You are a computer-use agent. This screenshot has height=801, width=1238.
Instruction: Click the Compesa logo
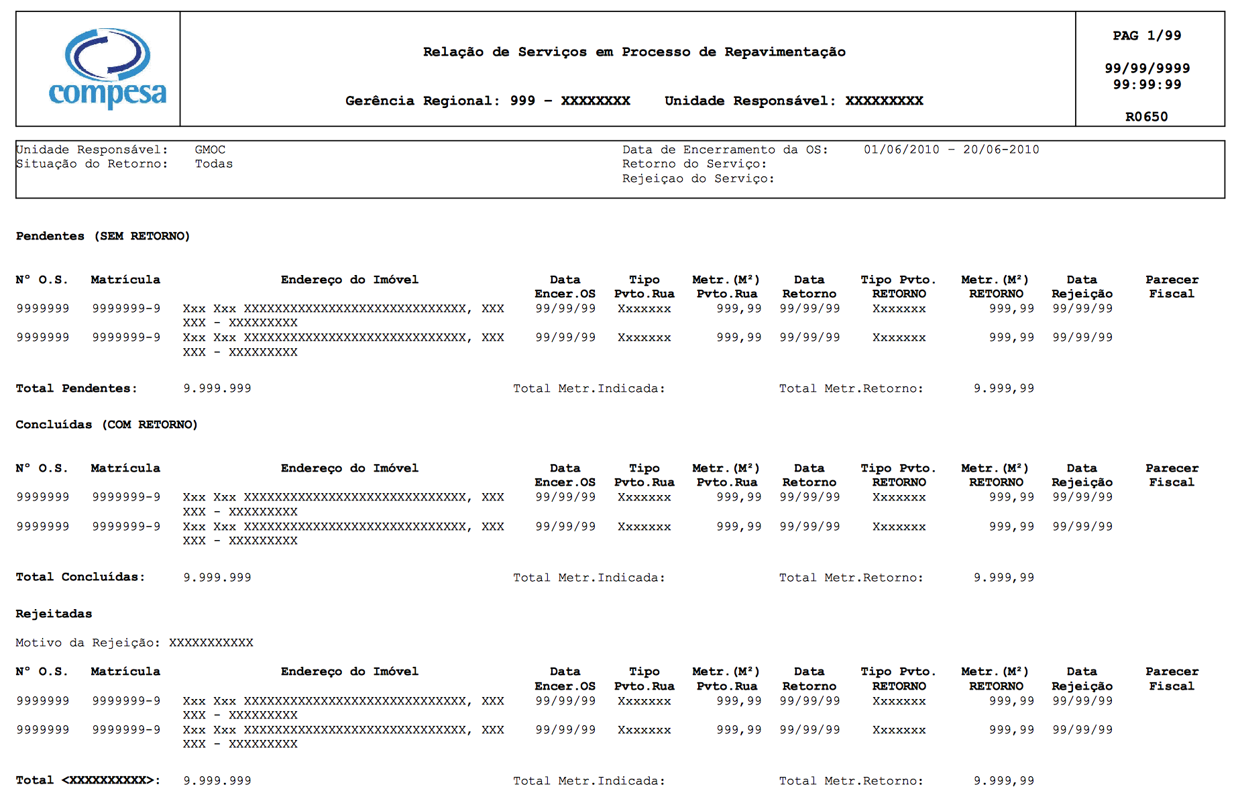point(107,68)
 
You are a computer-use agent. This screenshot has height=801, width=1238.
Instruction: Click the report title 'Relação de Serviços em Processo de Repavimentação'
point(634,52)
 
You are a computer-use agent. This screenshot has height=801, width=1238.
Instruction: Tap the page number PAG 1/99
point(1147,36)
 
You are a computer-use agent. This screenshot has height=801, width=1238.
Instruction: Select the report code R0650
point(1146,117)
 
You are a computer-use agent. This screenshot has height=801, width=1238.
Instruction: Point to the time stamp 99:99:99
point(1147,85)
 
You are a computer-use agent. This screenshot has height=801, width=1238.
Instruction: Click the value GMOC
point(210,150)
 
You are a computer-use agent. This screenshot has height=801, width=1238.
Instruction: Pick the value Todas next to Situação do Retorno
point(214,164)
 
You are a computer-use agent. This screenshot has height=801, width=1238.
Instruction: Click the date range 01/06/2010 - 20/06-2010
point(951,150)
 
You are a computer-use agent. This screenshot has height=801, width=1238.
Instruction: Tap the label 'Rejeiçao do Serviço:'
point(698,178)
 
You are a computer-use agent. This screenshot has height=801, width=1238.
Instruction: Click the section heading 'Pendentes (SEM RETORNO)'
point(103,236)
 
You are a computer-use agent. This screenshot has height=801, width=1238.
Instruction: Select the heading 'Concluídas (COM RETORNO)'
point(107,425)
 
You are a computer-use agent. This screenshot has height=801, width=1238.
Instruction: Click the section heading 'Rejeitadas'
point(54,614)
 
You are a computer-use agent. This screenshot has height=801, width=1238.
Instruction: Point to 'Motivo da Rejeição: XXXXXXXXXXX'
point(134,643)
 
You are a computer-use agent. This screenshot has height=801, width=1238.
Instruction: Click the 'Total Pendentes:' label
point(76,388)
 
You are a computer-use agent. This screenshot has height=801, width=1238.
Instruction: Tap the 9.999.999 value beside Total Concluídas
point(217,578)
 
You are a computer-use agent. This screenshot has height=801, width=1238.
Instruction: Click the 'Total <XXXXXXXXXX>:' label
point(88,780)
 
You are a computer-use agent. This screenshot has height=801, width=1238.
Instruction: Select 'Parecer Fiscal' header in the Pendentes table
point(1172,286)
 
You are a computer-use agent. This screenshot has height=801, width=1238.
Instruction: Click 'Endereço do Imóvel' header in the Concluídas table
point(349,468)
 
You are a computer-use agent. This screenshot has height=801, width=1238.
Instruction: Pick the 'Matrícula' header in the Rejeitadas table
point(125,672)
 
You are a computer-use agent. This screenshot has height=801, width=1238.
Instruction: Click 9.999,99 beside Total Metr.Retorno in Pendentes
point(1003,388)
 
